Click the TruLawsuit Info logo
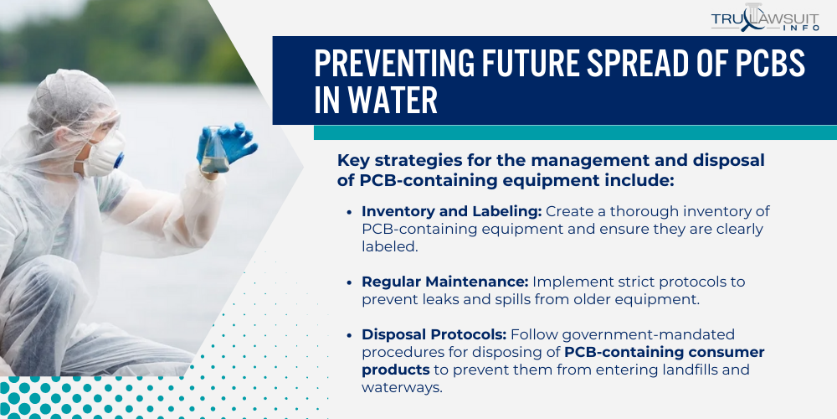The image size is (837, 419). pyautogui.click(x=765, y=18)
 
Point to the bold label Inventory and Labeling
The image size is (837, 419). pyautogui.click(x=452, y=212)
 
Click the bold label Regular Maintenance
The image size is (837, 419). pyautogui.click(x=445, y=282)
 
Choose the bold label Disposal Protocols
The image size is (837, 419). pyautogui.click(x=434, y=334)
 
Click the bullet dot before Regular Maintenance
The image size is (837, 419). pyautogui.click(x=349, y=282)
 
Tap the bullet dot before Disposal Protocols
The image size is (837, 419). pyautogui.click(x=349, y=336)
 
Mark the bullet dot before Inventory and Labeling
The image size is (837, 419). pyautogui.click(x=349, y=212)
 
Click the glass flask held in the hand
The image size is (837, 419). pyautogui.click(x=216, y=151)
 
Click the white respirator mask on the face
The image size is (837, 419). pyautogui.click(x=102, y=153)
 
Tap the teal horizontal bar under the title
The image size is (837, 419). pyautogui.click(x=575, y=132)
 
